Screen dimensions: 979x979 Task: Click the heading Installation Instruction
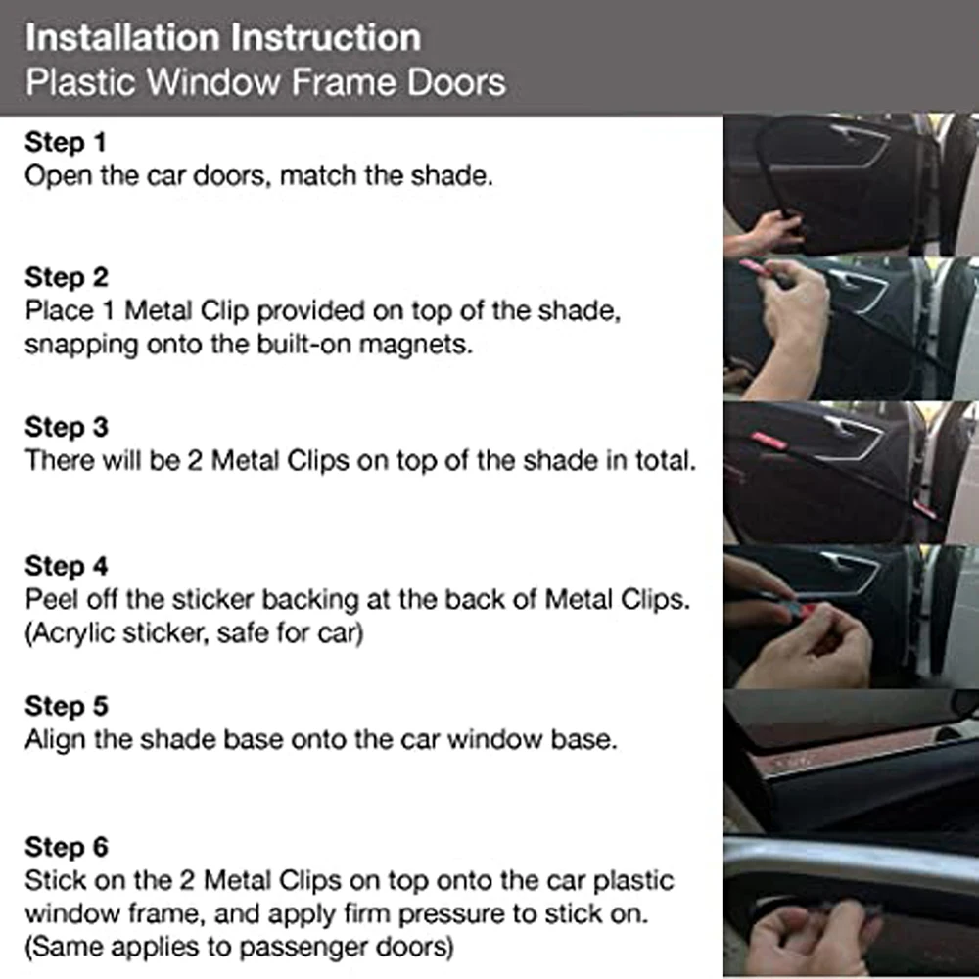pyautogui.click(x=223, y=37)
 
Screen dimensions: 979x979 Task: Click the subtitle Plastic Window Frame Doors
pyautogui.click(x=265, y=81)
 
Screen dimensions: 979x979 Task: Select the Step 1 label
pyautogui.click(x=65, y=143)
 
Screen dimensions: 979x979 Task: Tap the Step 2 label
pyautogui.click(x=67, y=277)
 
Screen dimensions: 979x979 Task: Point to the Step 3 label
pyautogui.click(x=67, y=427)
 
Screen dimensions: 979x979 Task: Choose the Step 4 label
pyautogui.click(x=67, y=566)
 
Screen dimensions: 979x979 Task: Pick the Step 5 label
pyautogui.click(x=67, y=706)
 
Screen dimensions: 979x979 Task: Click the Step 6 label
pyautogui.click(x=67, y=846)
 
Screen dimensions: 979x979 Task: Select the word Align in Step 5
pyautogui.click(x=55, y=739)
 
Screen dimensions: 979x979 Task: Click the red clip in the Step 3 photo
pyautogui.click(x=769, y=441)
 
